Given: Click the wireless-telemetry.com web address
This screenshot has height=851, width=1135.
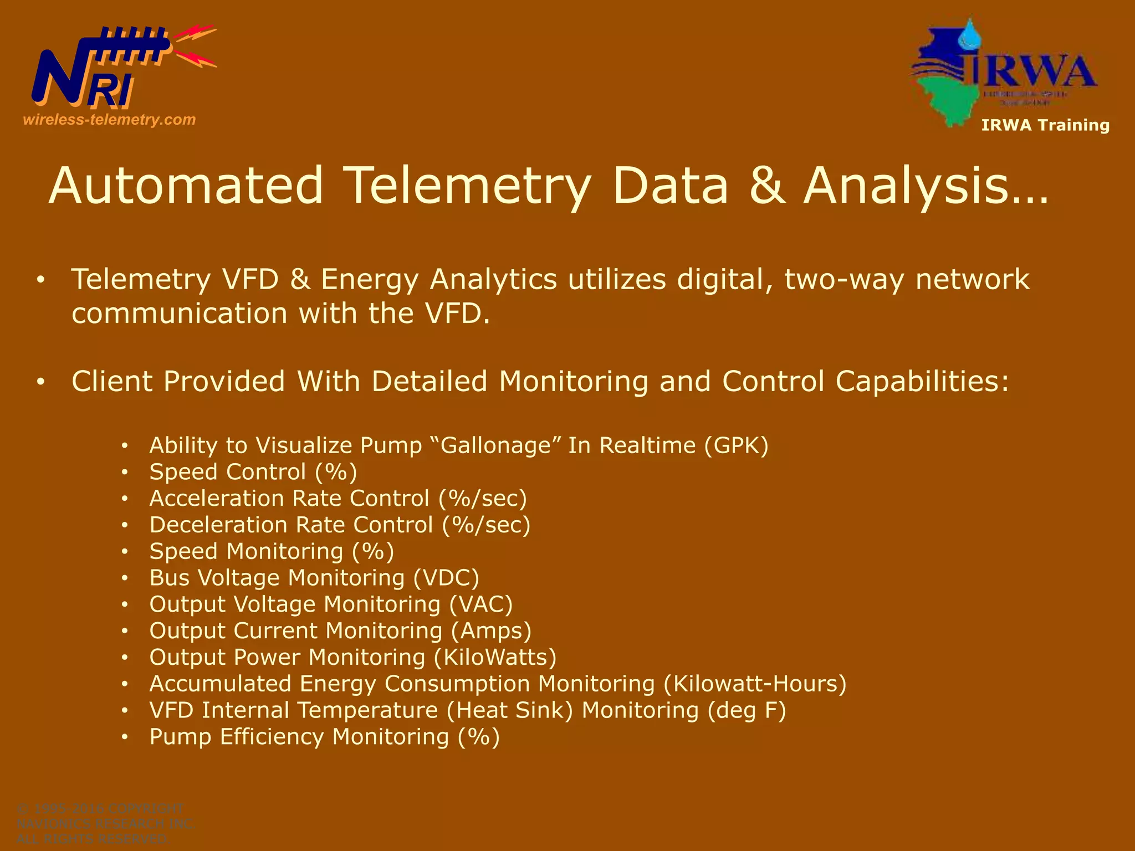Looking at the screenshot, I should click(x=109, y=120).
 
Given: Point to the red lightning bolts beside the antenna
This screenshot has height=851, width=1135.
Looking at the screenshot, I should click(x=195, y=47).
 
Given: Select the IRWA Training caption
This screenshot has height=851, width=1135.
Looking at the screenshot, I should click(x=1045, y=125).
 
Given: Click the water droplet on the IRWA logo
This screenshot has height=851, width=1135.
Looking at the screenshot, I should click(x=970, y=35).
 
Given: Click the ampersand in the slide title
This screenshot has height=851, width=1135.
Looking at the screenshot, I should click(x=767, y=185).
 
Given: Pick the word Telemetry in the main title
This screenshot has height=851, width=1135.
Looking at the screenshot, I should click(x=467, y=185).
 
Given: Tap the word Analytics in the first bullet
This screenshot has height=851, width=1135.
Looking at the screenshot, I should click(x=493, y=279).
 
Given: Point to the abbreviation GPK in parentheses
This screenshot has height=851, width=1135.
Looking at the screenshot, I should click(x=737, y=446).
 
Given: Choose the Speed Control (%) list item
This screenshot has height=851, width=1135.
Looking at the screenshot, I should click(x=253, y=472).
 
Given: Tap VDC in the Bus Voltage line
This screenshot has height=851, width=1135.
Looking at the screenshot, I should click(x=446, y=578).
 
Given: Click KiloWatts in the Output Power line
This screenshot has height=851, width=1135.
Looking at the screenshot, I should click(x=494, y=658).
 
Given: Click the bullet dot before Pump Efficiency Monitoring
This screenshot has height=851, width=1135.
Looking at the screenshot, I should click(x=125, y=737).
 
